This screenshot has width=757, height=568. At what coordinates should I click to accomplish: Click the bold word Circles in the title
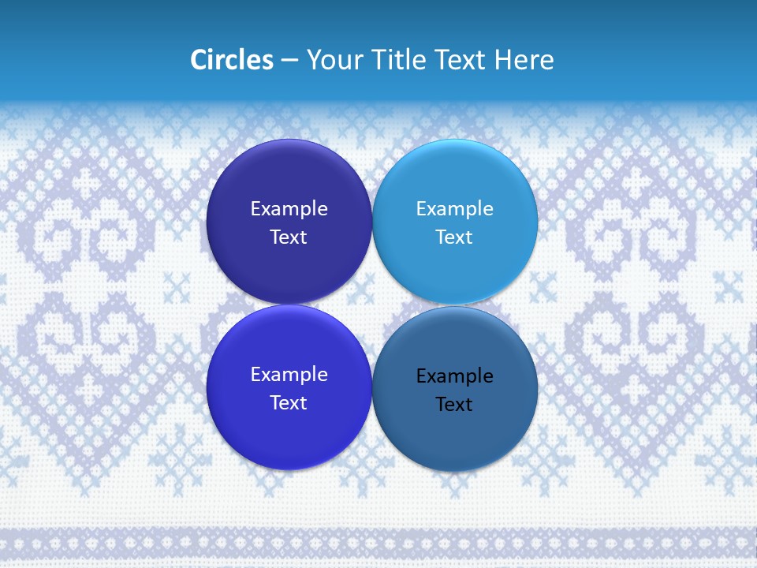pyautogui.click(x=231, y=60)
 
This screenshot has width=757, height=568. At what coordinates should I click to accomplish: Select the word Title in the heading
pyautogui.click(x=403, y=60)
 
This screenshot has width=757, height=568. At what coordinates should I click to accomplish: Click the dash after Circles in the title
pyautogui.click(x=289, y=61)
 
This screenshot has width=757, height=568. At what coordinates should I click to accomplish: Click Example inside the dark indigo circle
pyautogui.click(x=289, y=208)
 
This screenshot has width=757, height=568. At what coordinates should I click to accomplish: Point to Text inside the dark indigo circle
pyautogui.click(x=289, y=237)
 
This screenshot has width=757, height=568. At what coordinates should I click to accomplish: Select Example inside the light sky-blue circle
pyautogui.click(x=454, y=208)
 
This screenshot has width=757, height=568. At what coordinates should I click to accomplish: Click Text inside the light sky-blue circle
pyautogui.click(x=454, y=237)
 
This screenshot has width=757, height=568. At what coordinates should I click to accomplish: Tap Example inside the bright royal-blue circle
pyautogui.click(x=289, y=374)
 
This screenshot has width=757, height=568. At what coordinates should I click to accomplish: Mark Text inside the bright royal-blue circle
pyautogui.click(x=289, y=402)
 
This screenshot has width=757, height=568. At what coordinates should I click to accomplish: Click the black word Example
pyautogui.click(x=454, y=376)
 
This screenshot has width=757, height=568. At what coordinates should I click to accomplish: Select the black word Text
pyautogui.click(x=454, y=404)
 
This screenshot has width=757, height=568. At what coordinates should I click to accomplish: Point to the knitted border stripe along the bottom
pyautogui.click(x=378, y=543)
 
